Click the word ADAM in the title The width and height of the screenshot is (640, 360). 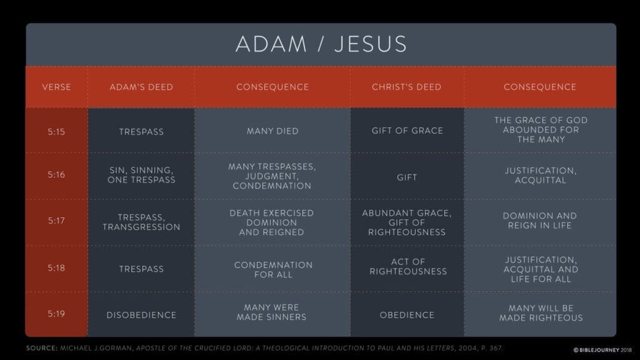(271, 44)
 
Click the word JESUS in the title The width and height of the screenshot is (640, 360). (371, 44)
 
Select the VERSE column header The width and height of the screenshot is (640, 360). (56, 87)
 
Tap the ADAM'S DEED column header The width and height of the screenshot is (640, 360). (141, 87)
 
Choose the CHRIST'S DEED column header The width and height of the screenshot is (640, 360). (406, 87)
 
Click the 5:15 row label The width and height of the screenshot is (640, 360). (56, 131)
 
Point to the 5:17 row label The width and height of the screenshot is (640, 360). (56, 221)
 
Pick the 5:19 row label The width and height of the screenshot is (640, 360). (56, 314)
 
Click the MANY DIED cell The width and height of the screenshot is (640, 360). (272, 131)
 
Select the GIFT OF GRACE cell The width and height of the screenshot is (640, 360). (407, 131)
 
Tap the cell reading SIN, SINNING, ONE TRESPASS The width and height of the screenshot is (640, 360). (141, 175)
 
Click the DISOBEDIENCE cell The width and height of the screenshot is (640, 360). (141, 315)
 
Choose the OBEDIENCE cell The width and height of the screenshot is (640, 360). (407, 315)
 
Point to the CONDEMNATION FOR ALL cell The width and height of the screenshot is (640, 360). (273, 270)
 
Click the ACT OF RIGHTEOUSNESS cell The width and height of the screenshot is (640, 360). (408, 266)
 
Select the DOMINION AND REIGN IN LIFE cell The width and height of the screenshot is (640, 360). (539, 221)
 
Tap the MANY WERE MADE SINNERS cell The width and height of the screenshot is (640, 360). (271, 312)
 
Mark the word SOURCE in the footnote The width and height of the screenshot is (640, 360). (42, 348)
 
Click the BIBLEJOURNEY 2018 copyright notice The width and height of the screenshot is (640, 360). (602, 350)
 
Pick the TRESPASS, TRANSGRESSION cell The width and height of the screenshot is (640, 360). (141, 222)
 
